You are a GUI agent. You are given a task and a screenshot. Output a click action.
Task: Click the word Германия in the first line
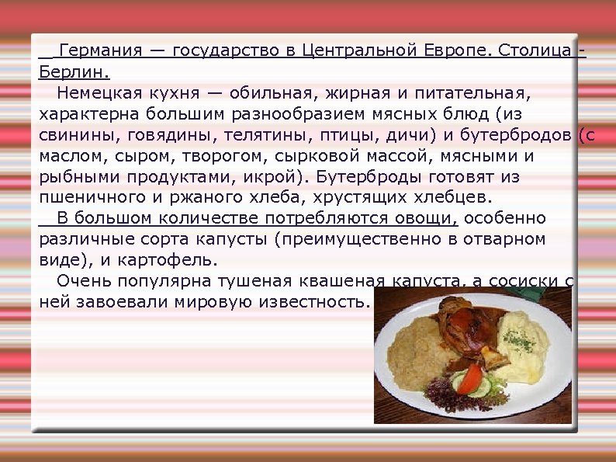(x=100, y=51)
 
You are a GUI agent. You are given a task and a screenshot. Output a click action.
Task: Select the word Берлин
(x=73, y=72)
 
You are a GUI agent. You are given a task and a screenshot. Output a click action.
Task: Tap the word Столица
(x=536, y=51)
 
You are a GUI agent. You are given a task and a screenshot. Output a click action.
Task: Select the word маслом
(x=67, y=156)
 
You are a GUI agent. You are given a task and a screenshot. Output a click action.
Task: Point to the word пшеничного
(x=84, y=198)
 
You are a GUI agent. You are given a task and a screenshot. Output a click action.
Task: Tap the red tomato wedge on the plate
(x=469, y=379)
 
